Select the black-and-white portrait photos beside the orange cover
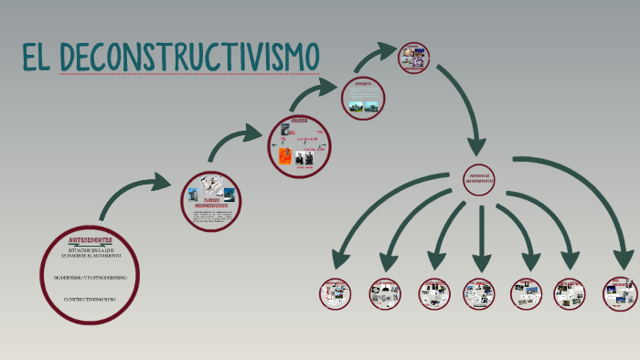pos(304,157)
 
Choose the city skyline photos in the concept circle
pos(361,106)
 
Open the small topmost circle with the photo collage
pos(414,57)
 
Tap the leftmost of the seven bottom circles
pos(335,293)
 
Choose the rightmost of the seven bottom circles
pos(620,293)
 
